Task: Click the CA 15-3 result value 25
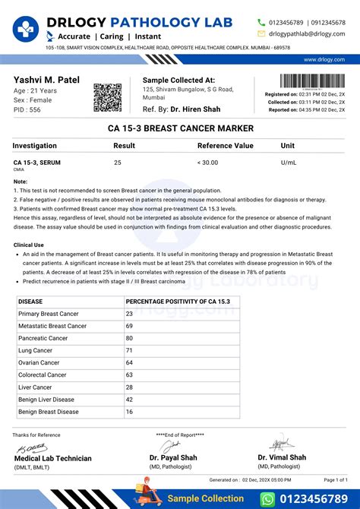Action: point(117,163)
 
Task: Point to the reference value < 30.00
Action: point(207,163)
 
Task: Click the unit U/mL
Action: point(289,163)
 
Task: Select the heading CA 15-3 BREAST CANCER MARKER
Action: point(180,128)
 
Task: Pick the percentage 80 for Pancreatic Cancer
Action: point(129,338)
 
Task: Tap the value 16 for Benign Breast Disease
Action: point(129,412)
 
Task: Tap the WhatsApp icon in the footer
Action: point(267,498)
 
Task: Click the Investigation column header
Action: point(35,145)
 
